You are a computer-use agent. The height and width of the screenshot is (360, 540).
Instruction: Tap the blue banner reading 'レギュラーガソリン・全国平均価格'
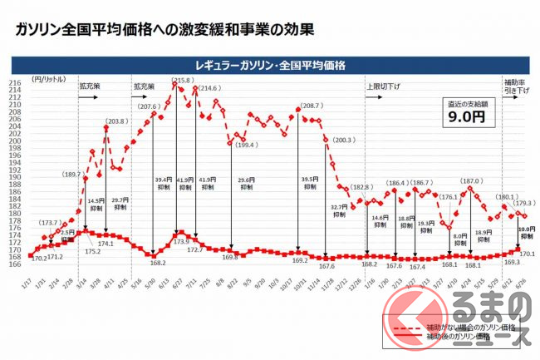tap(269, 64)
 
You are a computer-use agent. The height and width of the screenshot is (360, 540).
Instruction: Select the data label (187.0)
tap(469, 180)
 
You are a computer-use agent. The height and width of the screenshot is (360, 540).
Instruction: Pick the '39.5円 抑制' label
tap(310, 183)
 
